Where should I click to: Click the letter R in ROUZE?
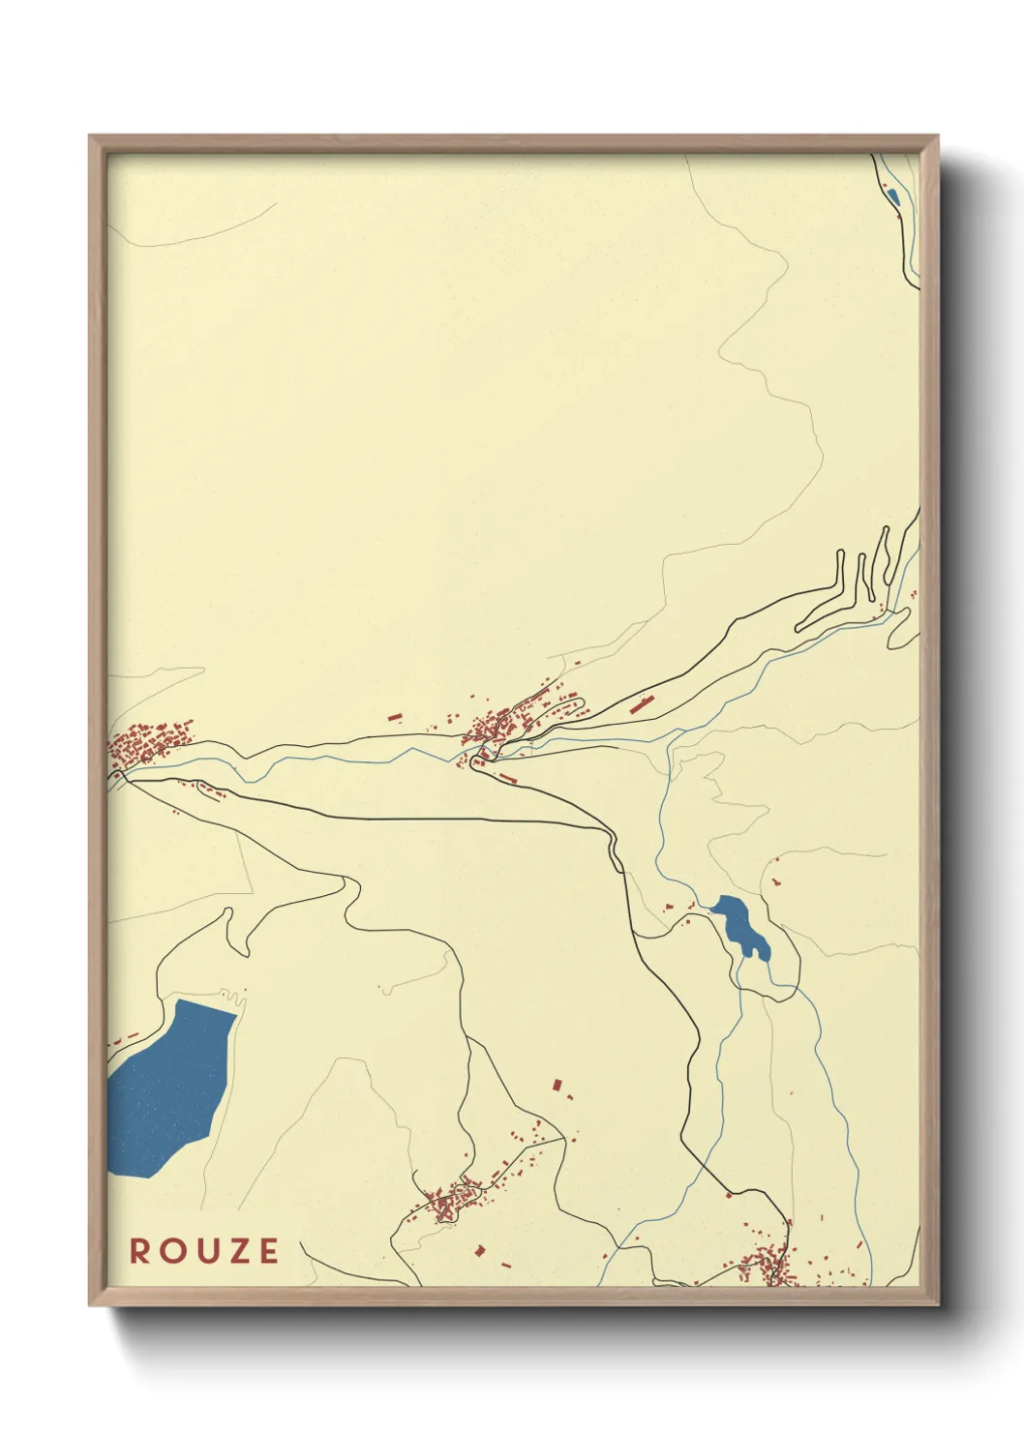(140, 1251)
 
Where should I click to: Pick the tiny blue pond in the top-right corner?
(892, 198)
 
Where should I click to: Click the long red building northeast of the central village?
(639, 703)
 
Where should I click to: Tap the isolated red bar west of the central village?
(395, 717)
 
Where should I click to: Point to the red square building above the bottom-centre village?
(557, 1086)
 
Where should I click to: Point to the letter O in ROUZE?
(171, 1251)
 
